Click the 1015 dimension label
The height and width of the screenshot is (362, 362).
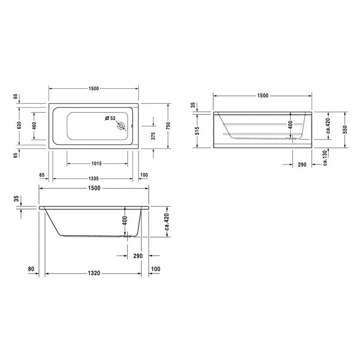coord(96,163)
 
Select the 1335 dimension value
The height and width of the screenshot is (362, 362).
coord(94,178)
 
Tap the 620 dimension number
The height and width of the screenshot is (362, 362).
coord(19,125)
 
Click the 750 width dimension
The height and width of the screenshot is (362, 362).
coord(168,126)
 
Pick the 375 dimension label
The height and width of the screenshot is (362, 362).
coord(153,136)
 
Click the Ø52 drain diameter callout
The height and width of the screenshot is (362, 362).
coord(110,118)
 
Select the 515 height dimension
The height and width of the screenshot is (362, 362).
coord(197,131)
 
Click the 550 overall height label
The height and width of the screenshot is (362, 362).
coord(345,129)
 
